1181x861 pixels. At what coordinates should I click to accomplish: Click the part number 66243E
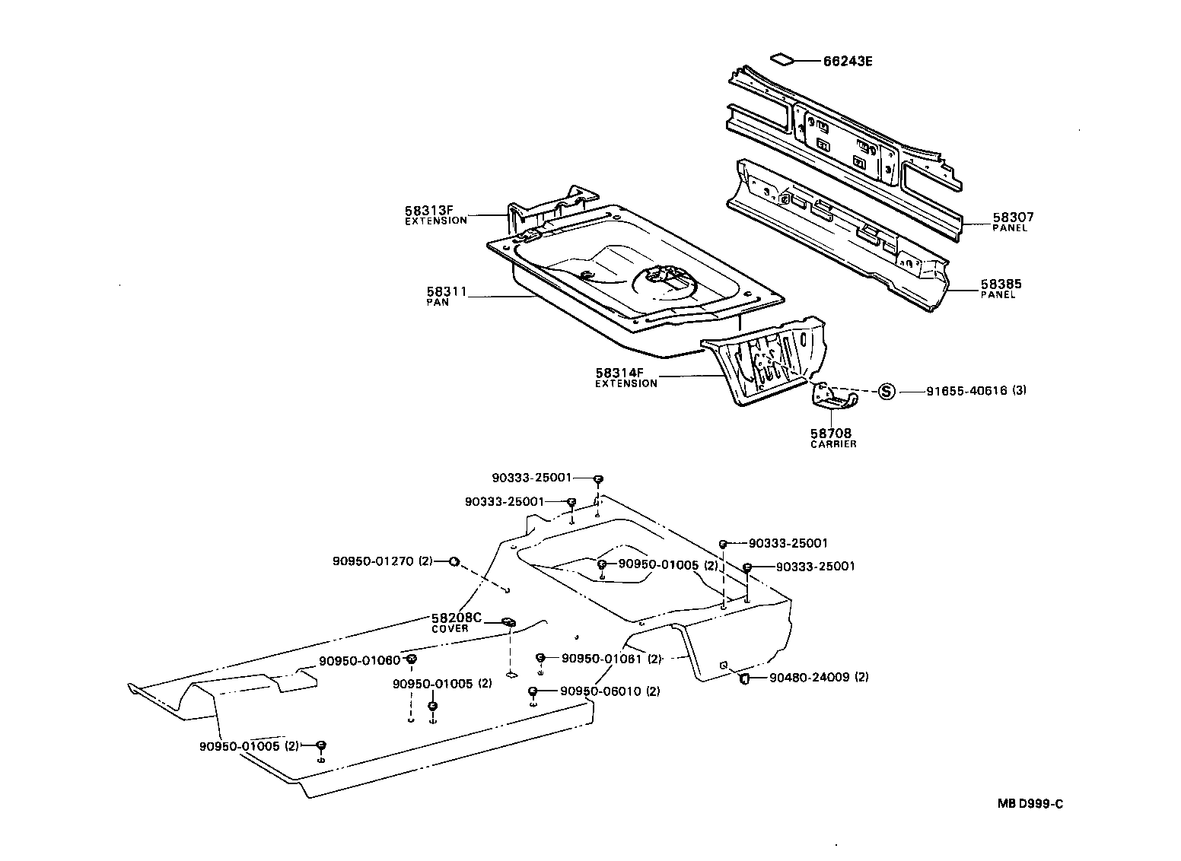coord(847,62)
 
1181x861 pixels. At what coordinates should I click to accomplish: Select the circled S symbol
coord(886,391)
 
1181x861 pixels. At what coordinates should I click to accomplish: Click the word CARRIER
coord(833,444)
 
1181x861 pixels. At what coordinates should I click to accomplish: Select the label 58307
coord(1013,218)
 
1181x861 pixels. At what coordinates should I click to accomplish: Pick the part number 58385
coord(1001,284)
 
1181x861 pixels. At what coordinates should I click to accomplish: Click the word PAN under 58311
coord(438,302)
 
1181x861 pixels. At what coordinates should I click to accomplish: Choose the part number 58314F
coord(619,373)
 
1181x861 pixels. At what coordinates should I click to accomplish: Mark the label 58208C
coord(457,618)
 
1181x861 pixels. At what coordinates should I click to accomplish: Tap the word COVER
coord(450,628)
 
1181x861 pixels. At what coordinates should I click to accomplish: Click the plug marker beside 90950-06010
coord(533,691)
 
